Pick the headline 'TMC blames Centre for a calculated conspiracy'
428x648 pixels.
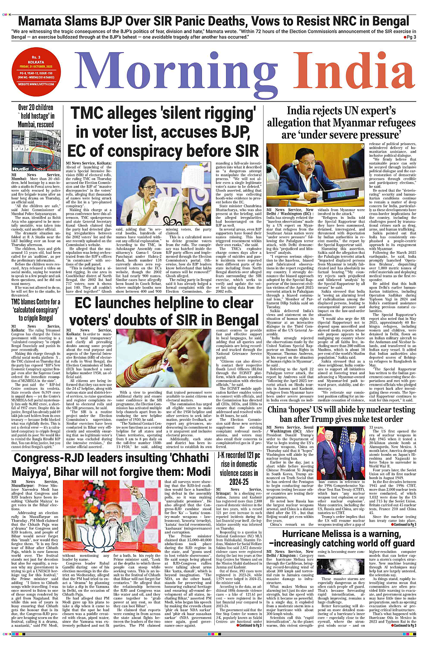pos(36,310)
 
